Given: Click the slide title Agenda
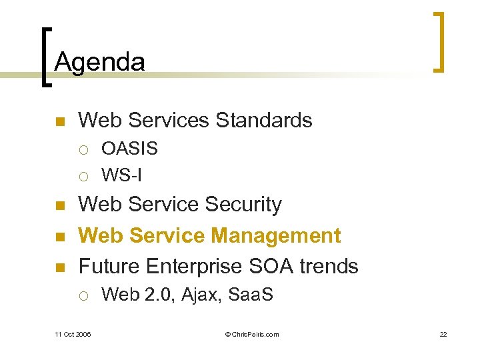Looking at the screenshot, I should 99,63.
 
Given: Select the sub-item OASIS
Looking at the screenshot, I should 129,149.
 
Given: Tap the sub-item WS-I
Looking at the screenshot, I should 121,175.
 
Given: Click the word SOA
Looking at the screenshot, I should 273,266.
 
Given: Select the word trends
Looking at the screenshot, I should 329,266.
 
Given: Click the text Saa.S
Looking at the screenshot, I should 251,294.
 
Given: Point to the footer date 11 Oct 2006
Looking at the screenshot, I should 74,334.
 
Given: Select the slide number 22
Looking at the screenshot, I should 443,334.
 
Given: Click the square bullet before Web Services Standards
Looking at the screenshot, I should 59,121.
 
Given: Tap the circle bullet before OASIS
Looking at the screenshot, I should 83,149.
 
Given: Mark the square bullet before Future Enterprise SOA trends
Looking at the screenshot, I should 59,267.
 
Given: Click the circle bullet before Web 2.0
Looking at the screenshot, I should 83,295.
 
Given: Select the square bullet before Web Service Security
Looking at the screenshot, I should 59,206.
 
